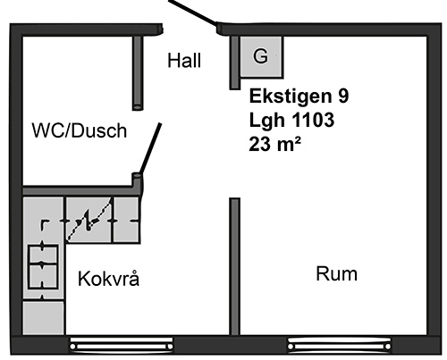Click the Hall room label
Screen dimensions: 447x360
(x=184, y=61)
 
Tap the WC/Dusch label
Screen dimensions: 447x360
(x=80, y=130)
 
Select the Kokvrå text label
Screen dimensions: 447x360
(x=108, y=279)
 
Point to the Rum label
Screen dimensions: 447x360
(x=336, y=274)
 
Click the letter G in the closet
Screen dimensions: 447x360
(x=260, y=56)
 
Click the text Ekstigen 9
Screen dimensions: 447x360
(x=299, y=96)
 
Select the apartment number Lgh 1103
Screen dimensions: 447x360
(x=291, y=120)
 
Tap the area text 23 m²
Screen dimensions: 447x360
(x=274, y=144)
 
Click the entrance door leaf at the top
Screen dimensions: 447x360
(x=193, y=13)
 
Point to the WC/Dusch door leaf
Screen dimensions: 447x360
(x=151, y=148)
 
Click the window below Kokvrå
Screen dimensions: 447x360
(x=122, y=346)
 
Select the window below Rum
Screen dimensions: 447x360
(x=339, y=346)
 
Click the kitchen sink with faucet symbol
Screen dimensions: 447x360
(x=89, y=220)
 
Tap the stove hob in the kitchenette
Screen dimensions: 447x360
(x=43, y=266)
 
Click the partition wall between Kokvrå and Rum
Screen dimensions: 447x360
(x=234, y=266)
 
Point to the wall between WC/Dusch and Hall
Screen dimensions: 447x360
(x=138, y=73)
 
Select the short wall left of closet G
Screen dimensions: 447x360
(x=234, y=63)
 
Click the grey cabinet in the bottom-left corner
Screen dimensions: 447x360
(x=44, y=318)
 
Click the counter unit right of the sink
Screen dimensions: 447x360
(x=126, y=220)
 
